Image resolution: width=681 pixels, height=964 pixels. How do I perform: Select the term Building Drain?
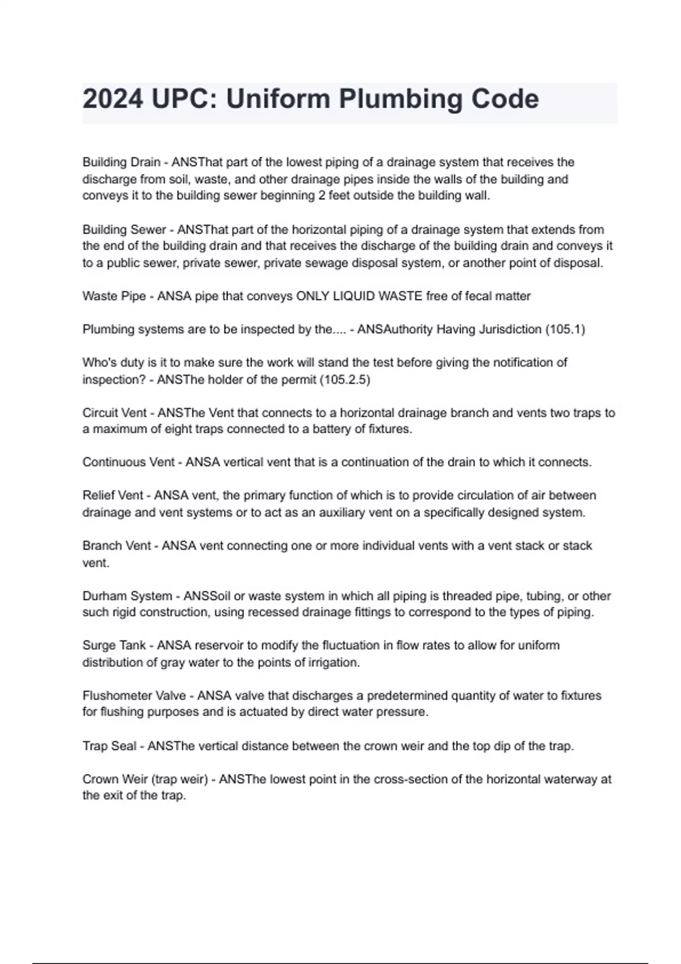click(x=121, y=162)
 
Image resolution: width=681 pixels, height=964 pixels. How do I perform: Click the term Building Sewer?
click(x=124, y=230)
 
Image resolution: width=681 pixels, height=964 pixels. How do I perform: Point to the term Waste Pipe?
click(x=113, y=296)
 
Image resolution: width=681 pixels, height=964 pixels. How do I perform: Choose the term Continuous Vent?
click(x=128, y=462)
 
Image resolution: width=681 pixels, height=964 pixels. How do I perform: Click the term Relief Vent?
click(x=112, y=496)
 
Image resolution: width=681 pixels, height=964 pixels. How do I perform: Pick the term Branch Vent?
click(x=116, y=546)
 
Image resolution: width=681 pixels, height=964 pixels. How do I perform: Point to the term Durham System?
click(x=127, y=596)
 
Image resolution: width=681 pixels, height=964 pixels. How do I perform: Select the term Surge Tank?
click(x=114, y=645)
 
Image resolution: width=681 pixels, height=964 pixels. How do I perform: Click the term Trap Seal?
click(x=109, y=746)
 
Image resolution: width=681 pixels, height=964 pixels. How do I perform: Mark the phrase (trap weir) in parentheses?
click(x=180, y=779)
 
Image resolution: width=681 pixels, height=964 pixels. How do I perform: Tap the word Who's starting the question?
click(x=98, y=362)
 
